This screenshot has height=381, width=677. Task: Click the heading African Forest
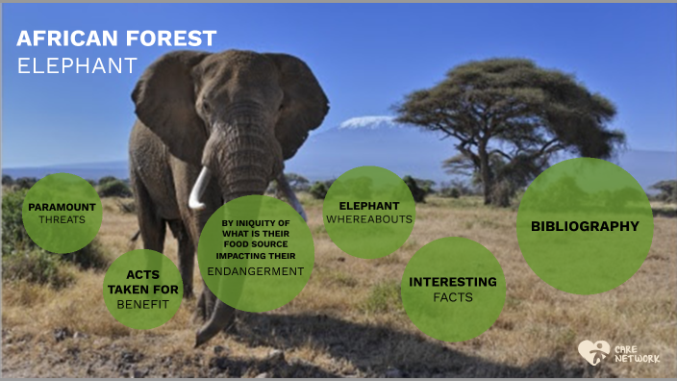[x=116, y=38]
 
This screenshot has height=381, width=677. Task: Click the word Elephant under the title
[x=77, y=65]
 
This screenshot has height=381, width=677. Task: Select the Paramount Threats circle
[x=62, y=213]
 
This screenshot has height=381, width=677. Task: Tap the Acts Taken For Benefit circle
[x=142, y=290]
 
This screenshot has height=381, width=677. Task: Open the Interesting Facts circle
[x=453, y=290]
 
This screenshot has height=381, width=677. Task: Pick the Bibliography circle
[x=585, y=227]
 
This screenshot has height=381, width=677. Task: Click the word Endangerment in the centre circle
[x=255, y=271]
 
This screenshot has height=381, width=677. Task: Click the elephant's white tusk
[x=200, y=187]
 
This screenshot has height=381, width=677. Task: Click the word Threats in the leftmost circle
[x=62, y=219]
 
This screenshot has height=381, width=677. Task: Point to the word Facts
[x=453, y=297]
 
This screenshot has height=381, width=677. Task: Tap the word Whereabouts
[x=368, y=219]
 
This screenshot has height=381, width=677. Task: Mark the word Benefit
[x=142, y=304]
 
